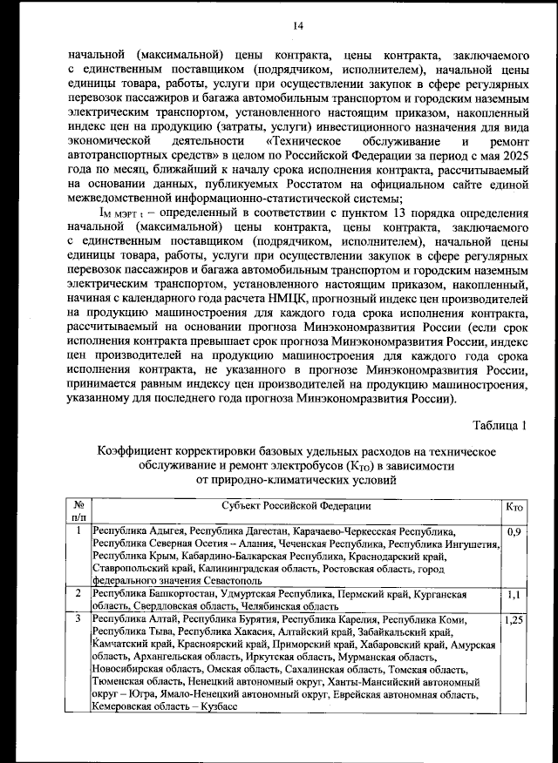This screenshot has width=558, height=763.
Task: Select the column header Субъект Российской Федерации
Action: tap(296, 507)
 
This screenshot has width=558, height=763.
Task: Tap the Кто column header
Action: tap(514, 507)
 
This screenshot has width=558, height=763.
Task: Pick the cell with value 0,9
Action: tap(513, 530)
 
